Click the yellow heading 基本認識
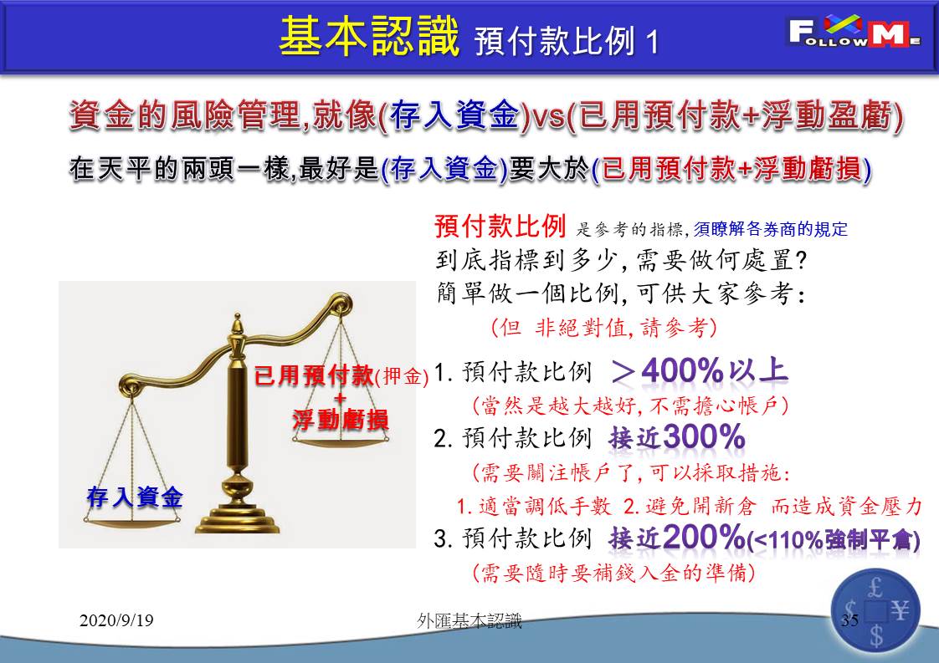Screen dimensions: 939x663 click(369, 37)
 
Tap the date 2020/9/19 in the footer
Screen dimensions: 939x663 click(116, 620)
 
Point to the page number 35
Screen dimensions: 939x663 click(849, 620)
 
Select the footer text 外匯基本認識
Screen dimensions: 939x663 click(469, 621)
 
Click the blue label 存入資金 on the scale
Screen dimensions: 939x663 click(135, 497)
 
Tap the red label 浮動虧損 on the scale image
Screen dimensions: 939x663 click(340, 420)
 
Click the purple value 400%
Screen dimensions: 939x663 click(683, 371)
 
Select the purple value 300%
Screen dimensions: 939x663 click(704, 437)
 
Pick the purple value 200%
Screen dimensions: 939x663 click(704, 537)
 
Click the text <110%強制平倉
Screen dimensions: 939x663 click(834, 540)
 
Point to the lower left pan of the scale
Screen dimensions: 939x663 click(131, 523)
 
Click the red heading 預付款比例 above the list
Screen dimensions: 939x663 click(500, 227)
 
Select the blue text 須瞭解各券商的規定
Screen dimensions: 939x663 click(771, 229)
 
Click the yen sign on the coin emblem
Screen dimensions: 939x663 click(900, 611)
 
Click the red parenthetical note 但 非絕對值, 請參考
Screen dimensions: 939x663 click(603, 327)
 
